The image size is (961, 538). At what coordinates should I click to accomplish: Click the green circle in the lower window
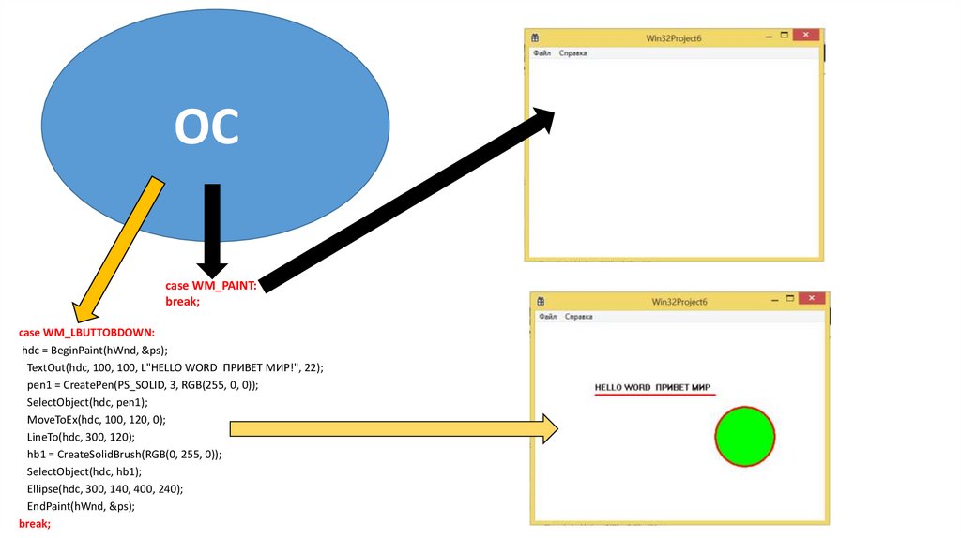[x=745, y=436]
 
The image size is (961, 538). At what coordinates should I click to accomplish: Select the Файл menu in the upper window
[x=542, y=53]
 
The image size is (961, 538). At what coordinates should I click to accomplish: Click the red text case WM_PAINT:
[x=210, y=285]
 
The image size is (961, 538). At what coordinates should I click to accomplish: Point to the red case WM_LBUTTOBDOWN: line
[x=86, y=332]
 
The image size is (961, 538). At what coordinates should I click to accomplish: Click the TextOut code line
[x=175, y=367]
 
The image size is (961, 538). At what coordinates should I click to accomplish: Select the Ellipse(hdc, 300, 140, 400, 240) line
[x=104, y=488]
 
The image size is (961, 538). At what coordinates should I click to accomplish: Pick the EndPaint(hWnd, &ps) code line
[x=81, y=506]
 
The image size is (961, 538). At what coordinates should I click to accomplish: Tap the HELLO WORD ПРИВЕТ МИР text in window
[x=652, y=387]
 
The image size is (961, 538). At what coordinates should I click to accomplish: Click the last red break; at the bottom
[x=34, y=523]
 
